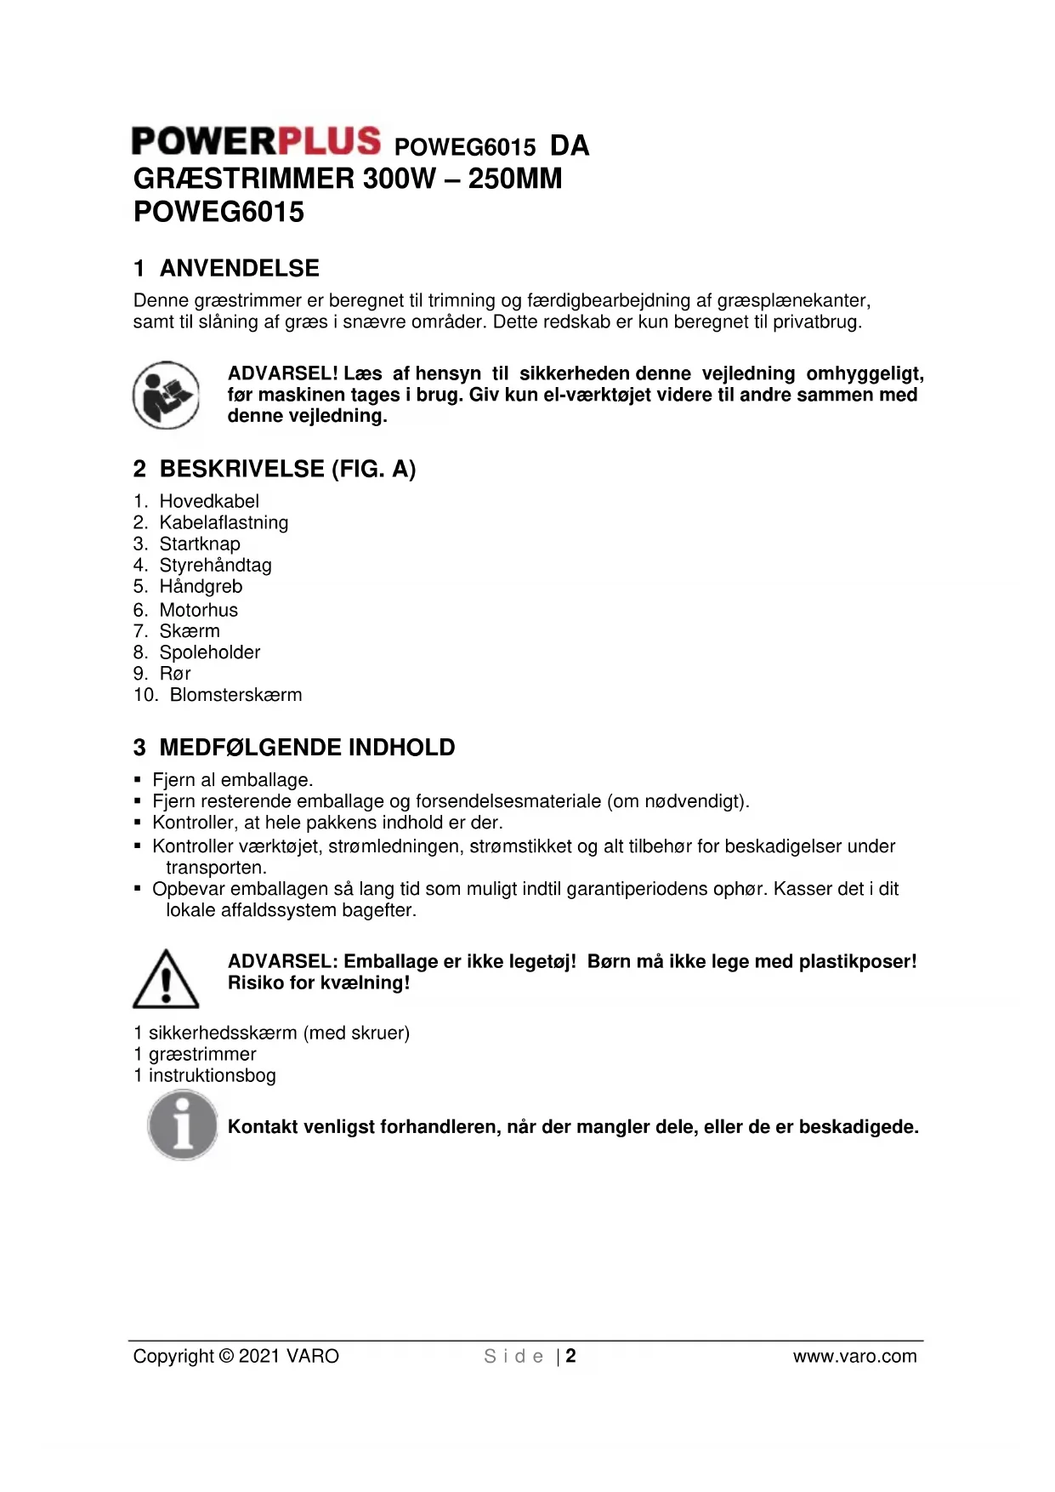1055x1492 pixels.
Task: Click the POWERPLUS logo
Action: (256, 141)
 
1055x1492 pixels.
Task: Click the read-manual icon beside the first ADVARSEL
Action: (166, 395)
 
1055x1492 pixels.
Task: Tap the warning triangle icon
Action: (166, 979)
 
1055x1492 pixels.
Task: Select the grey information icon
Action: (182, 1125)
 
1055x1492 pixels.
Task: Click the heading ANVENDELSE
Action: (239, 268)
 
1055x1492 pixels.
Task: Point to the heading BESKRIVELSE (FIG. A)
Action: (287, 469)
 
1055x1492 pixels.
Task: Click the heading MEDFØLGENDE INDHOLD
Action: (307, 748)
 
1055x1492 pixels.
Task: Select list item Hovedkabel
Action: (209, 501)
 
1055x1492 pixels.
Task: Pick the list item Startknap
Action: (200, 544)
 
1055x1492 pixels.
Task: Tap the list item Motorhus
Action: (199, 610)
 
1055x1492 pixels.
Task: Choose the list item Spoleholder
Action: (210, 652)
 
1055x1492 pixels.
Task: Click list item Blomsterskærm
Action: (235, 695)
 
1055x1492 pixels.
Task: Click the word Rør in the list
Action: (175, 674)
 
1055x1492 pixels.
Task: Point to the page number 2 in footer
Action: (570, 1356)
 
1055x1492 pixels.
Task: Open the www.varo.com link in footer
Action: (854, 1356)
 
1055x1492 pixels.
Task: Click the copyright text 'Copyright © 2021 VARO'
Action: (235, 1356)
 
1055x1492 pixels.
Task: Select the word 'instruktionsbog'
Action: (213, 1075)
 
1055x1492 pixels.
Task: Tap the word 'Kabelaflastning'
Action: (224, 522)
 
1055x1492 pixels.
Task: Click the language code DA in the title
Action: (570, 146)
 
